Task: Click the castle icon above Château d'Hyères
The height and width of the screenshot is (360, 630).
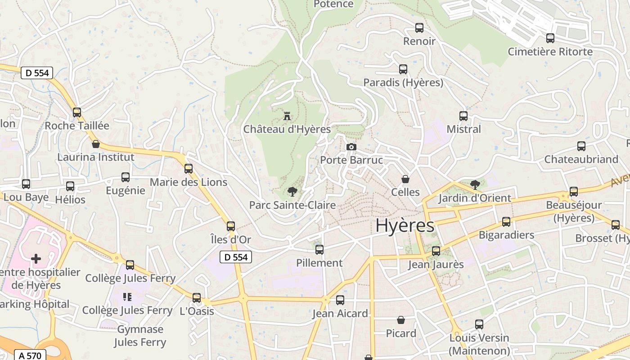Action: pos(287,117)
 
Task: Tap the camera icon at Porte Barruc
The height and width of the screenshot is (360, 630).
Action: pos(351,147)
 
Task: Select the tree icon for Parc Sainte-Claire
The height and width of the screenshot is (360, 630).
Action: pos(292,192)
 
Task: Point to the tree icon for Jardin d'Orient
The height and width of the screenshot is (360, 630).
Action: pos(475,184)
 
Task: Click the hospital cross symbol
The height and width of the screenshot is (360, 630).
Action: pos(36,259)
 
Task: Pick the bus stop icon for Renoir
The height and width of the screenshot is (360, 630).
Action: pos(419,28)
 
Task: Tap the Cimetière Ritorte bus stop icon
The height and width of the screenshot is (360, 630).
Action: pos(550,38)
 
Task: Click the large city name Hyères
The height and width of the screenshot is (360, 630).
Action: pos(405,225)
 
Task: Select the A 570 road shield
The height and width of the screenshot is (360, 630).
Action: pos(30,355)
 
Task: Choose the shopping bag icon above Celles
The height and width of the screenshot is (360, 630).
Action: pos(405,179)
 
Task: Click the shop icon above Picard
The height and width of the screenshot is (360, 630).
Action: pos(401,320)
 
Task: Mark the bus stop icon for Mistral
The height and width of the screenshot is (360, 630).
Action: pos(463,116)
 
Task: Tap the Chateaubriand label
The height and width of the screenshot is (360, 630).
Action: pos(581,159)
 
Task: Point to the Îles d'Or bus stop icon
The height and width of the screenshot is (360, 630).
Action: pos(231,226)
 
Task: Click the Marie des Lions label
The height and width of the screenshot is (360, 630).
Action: pos(189,182)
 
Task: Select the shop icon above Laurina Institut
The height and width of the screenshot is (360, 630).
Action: pos(95,144)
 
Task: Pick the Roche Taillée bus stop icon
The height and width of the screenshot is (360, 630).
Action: pos(77,112)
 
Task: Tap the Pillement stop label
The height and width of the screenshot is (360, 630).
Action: pos(319,263)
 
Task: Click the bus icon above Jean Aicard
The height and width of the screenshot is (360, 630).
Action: pos(340,300)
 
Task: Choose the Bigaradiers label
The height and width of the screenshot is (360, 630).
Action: pos(506,235)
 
